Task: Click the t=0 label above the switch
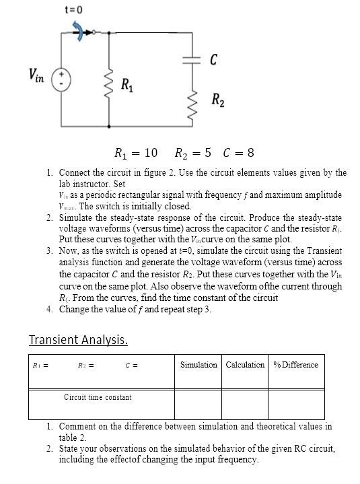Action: (x=74, y=9)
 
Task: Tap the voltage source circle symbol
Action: (x=62, y=78)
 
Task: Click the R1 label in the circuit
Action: (x=126, y=85)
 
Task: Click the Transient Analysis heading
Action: (x=78, y=339)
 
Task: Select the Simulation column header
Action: (x=199, y=365)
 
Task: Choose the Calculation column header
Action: (x=245, y=365)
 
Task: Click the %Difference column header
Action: (x=295, y=365)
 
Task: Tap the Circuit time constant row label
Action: (x=98, y=397)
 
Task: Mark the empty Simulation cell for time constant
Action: (x=199, y=404)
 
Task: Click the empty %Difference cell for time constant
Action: (x=295, y=404)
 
